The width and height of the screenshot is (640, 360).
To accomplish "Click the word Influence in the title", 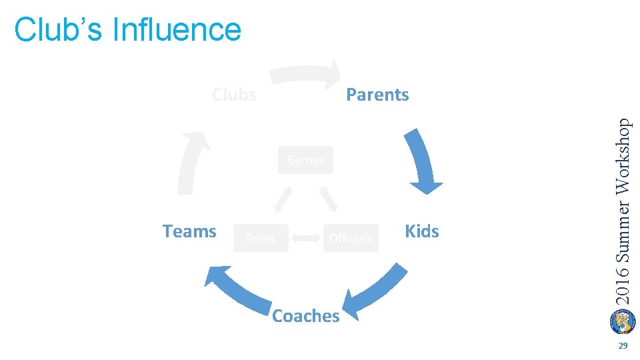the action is point(177,29).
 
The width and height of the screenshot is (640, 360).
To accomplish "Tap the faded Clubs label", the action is point(234,95).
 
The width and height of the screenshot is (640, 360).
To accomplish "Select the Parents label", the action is point(377,95).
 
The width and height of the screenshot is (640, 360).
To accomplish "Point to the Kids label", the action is point(422,231).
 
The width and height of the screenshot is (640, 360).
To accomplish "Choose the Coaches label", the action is point(306,315).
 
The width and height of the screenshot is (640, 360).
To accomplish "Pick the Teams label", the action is point(189,231).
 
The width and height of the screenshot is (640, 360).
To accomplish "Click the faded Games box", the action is point(305,160).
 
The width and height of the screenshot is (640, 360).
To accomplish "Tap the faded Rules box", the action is point(261,238).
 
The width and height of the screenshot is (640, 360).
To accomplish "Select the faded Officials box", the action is point(351,238).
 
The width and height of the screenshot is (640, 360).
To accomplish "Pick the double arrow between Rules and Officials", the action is point(306,237).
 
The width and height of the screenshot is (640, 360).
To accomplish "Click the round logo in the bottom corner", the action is point(623,321).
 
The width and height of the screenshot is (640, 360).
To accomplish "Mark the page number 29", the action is point(623,346).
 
